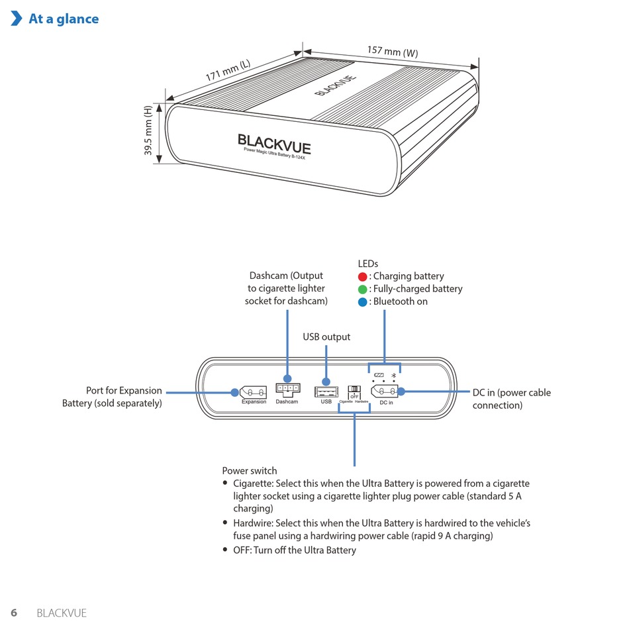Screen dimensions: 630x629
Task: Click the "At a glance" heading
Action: (64, 19)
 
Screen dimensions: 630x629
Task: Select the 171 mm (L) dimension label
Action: (228, 71)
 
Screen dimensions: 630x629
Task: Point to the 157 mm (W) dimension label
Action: (393, 52)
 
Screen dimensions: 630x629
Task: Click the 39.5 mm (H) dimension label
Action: (148, 131)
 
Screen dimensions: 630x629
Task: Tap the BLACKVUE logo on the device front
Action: (274, 142)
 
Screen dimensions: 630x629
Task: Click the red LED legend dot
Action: (362, 276)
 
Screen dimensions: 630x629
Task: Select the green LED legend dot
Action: (362, 289)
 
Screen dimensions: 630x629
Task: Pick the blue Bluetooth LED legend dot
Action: (362, 301)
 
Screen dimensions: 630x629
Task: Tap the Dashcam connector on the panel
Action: (287, 389)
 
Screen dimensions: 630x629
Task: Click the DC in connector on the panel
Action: (385, 392)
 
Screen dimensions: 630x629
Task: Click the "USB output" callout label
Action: (326, 337)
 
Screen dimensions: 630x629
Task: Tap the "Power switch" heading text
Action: (250, 471)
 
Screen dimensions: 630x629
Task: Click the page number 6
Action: (14, 613)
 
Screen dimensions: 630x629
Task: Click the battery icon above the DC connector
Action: (379, 376)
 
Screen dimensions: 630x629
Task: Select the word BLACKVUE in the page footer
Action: (62, 613)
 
